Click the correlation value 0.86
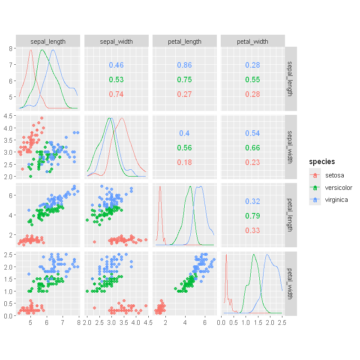(184, 65)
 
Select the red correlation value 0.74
(116, 94)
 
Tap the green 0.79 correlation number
(252, 216)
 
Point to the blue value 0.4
(184, 133)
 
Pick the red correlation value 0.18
(184, 162)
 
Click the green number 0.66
(252, 147)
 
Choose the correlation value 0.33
(252, 230)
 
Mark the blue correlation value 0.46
(116, 65)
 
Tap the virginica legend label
(336, 200)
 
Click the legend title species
(322, 162)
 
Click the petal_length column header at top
(185, 42)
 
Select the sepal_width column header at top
(117, 42)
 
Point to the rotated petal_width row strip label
(290, 284)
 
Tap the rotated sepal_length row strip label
(290, 79)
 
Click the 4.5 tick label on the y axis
(8, 116)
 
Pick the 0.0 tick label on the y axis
(8, 316)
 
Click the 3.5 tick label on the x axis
(124, 323)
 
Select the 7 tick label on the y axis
(11, 65)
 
